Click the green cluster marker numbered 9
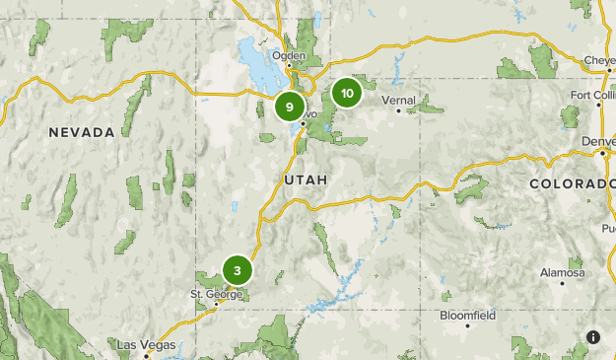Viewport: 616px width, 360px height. pyautogui.click(x=289, y=107)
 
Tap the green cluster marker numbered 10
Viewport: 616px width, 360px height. pyautogui.click(x=346, y=94)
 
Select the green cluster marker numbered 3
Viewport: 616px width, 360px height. pyautogui.click(x=238, y=270)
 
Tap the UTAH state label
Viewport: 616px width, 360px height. pyautogui.click(x=305, y=180)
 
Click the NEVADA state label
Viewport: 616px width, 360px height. pyautogui.click(x=84, y=131)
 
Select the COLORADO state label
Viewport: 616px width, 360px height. pyautogui.click(x=571, y=184)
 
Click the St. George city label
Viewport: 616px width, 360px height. pyautogui.click(x=214, y=294)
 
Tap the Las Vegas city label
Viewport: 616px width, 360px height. pyautogui.click(x=146, y=345)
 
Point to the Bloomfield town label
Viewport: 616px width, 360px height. pyautogui.click(x=467, y=316)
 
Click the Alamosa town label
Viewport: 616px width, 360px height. pyautogui.click(x=562, y=272)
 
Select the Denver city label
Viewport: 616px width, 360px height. pyautogui.click(x=598, y=141)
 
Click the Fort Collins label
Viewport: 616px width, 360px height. pyautogui.click(x=593, y=95)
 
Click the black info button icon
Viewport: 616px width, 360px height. pyautogui.click(x=593, y=337)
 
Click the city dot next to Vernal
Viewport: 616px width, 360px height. pyautogui.click(x=399, y=110)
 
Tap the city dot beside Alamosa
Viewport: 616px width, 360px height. pyautogui.click(x=563, y=283)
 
